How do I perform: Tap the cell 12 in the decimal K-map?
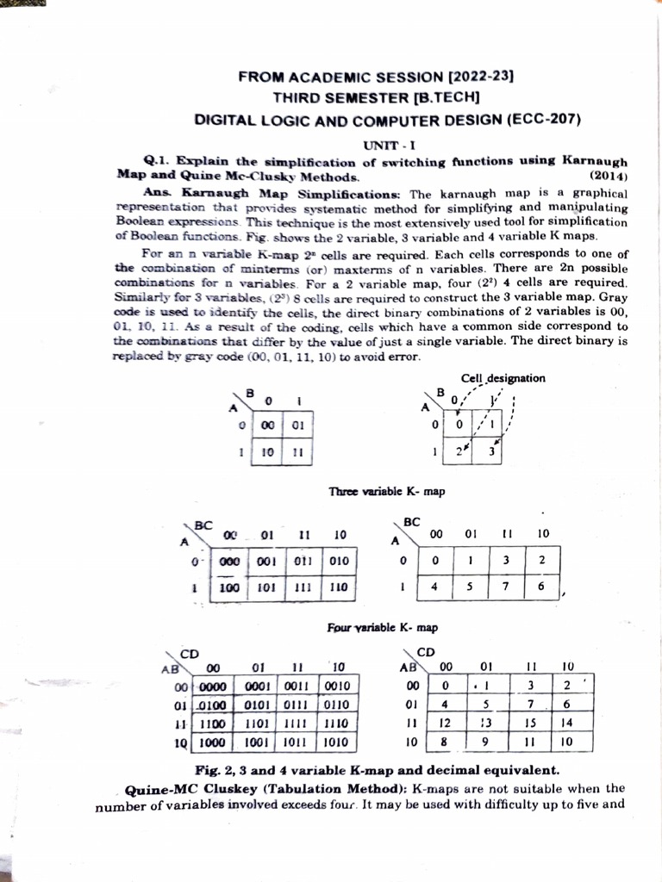[x=446, y=724]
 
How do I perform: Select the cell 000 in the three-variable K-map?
[x=229, y=561]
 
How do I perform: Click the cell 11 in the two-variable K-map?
[x=297, y=452]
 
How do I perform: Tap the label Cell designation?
[x=503, y=378]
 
